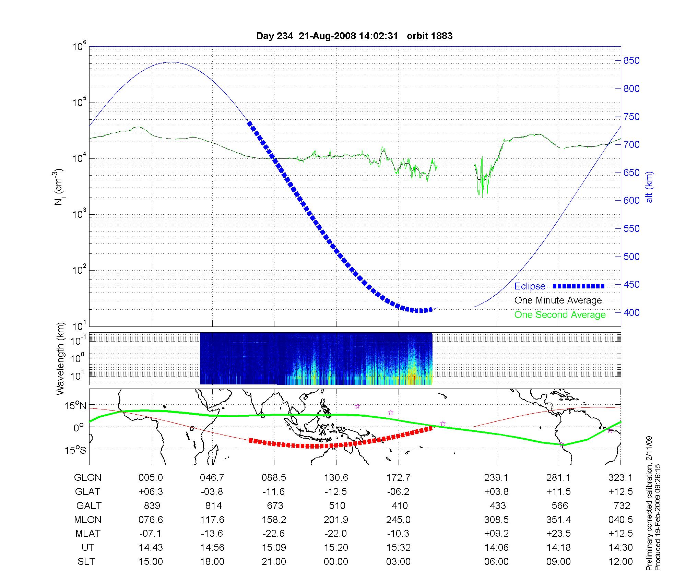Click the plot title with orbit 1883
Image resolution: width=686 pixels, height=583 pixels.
pyautogui.click(x=354, y=36)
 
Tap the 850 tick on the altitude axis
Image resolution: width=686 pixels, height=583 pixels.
pyautogui.click(x=631, y=61)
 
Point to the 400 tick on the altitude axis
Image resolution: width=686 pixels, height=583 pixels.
pyautogui.click(x=631, y=312)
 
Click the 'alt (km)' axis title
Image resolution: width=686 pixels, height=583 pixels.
pyautogui.click(x=649, y=187)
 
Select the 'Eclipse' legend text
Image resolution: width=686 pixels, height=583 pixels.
pyautogui.click(x=530, y=286)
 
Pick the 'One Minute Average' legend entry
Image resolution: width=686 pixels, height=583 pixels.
pyautogui.click(x=558, y=300)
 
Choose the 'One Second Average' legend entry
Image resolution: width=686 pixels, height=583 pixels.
pyautogui.click(x=560, y=315)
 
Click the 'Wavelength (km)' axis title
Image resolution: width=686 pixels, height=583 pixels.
pyautogui.click(x=60, y=359)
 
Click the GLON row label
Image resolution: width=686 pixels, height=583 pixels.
pyautogui.click(x=87, y=477)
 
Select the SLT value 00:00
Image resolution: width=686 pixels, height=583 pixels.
pyautogui.click(x=336, y=562)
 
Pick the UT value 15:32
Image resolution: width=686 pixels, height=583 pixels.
pyautogui.click(x=398, y=548)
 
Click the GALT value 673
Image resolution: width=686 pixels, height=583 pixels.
pyautogui.click(x=275, y=505)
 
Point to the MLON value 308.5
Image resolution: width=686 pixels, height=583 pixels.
pyautogui.click(x=496, y=520)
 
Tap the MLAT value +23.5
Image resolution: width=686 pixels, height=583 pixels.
pyautogui.click(x=558, y=534)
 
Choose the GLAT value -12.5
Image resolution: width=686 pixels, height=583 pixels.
pyautogui.click(x=336, y=491)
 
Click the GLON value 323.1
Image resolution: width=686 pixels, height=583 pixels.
pyautogui.click(x=620, y=477)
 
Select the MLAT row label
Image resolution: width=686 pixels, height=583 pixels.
pyautogui.click(x=88, y=534)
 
